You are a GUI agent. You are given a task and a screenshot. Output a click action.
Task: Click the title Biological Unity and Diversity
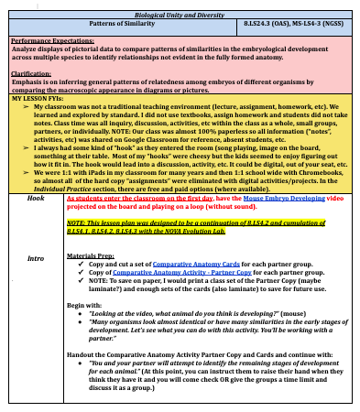(180, 16)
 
